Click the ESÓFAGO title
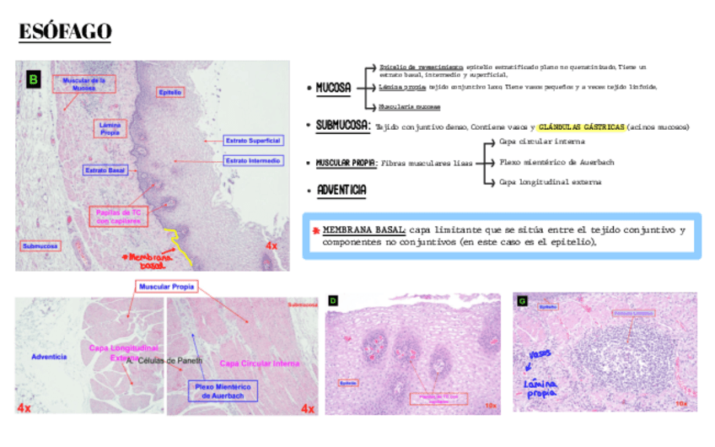point(66,32)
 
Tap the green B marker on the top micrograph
point(33,80)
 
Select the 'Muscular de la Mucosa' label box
point(83,84)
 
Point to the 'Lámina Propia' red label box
point(110,128)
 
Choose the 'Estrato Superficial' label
point(251,140)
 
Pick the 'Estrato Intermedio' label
point(252,160)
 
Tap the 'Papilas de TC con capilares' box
point(119,217)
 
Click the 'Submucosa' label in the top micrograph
point(40,246)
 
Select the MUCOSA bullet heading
point(333,87)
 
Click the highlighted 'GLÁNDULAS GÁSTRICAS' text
point(582,127)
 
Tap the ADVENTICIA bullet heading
point(341,191)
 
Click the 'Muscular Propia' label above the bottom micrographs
point(165,287)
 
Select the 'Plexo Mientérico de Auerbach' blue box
point(223,390)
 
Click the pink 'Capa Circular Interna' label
point(260,364)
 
